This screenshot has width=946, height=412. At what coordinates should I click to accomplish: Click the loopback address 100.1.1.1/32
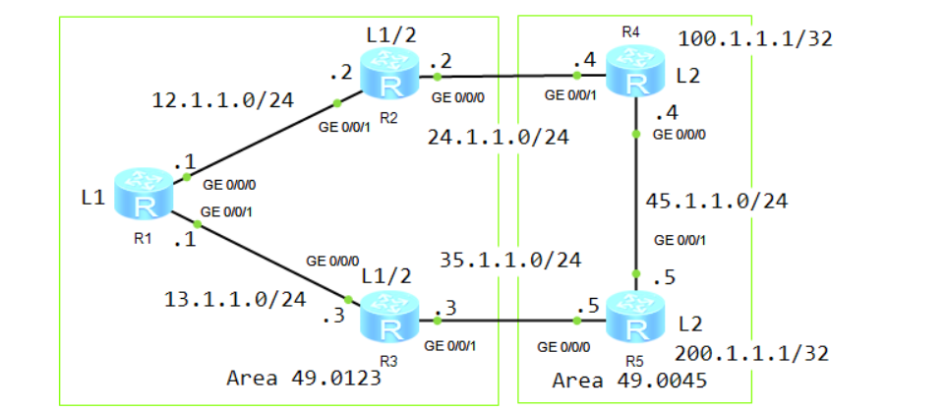click(755, 39)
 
